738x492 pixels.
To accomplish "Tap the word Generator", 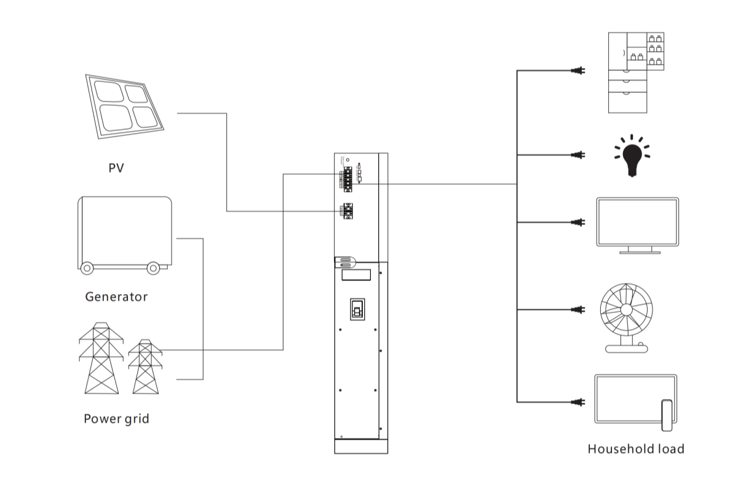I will click(x=116, y=297).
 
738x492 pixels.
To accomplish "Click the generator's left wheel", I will click(x=87, y=268).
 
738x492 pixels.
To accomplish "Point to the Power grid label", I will click(x=116, y=419).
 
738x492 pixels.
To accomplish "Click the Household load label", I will click(x=635, y=449).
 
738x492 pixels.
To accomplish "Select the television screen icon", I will click(x=637, y=223).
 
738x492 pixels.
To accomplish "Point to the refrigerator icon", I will click(x=637, y=72).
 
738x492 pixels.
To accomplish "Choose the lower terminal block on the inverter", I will click(x=349, y=211).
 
